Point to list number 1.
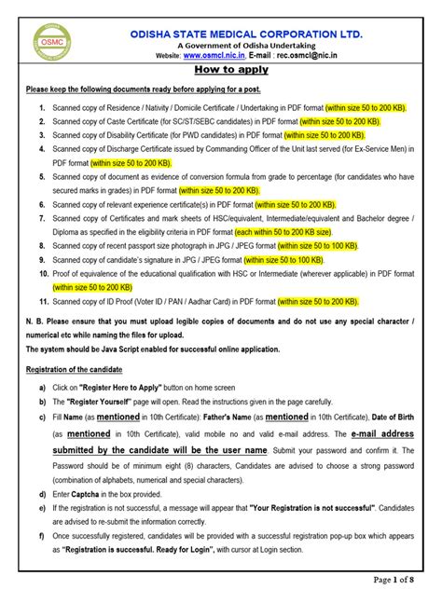pos(42,108)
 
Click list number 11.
pos(41,302)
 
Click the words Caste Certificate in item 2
pos(134,122)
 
